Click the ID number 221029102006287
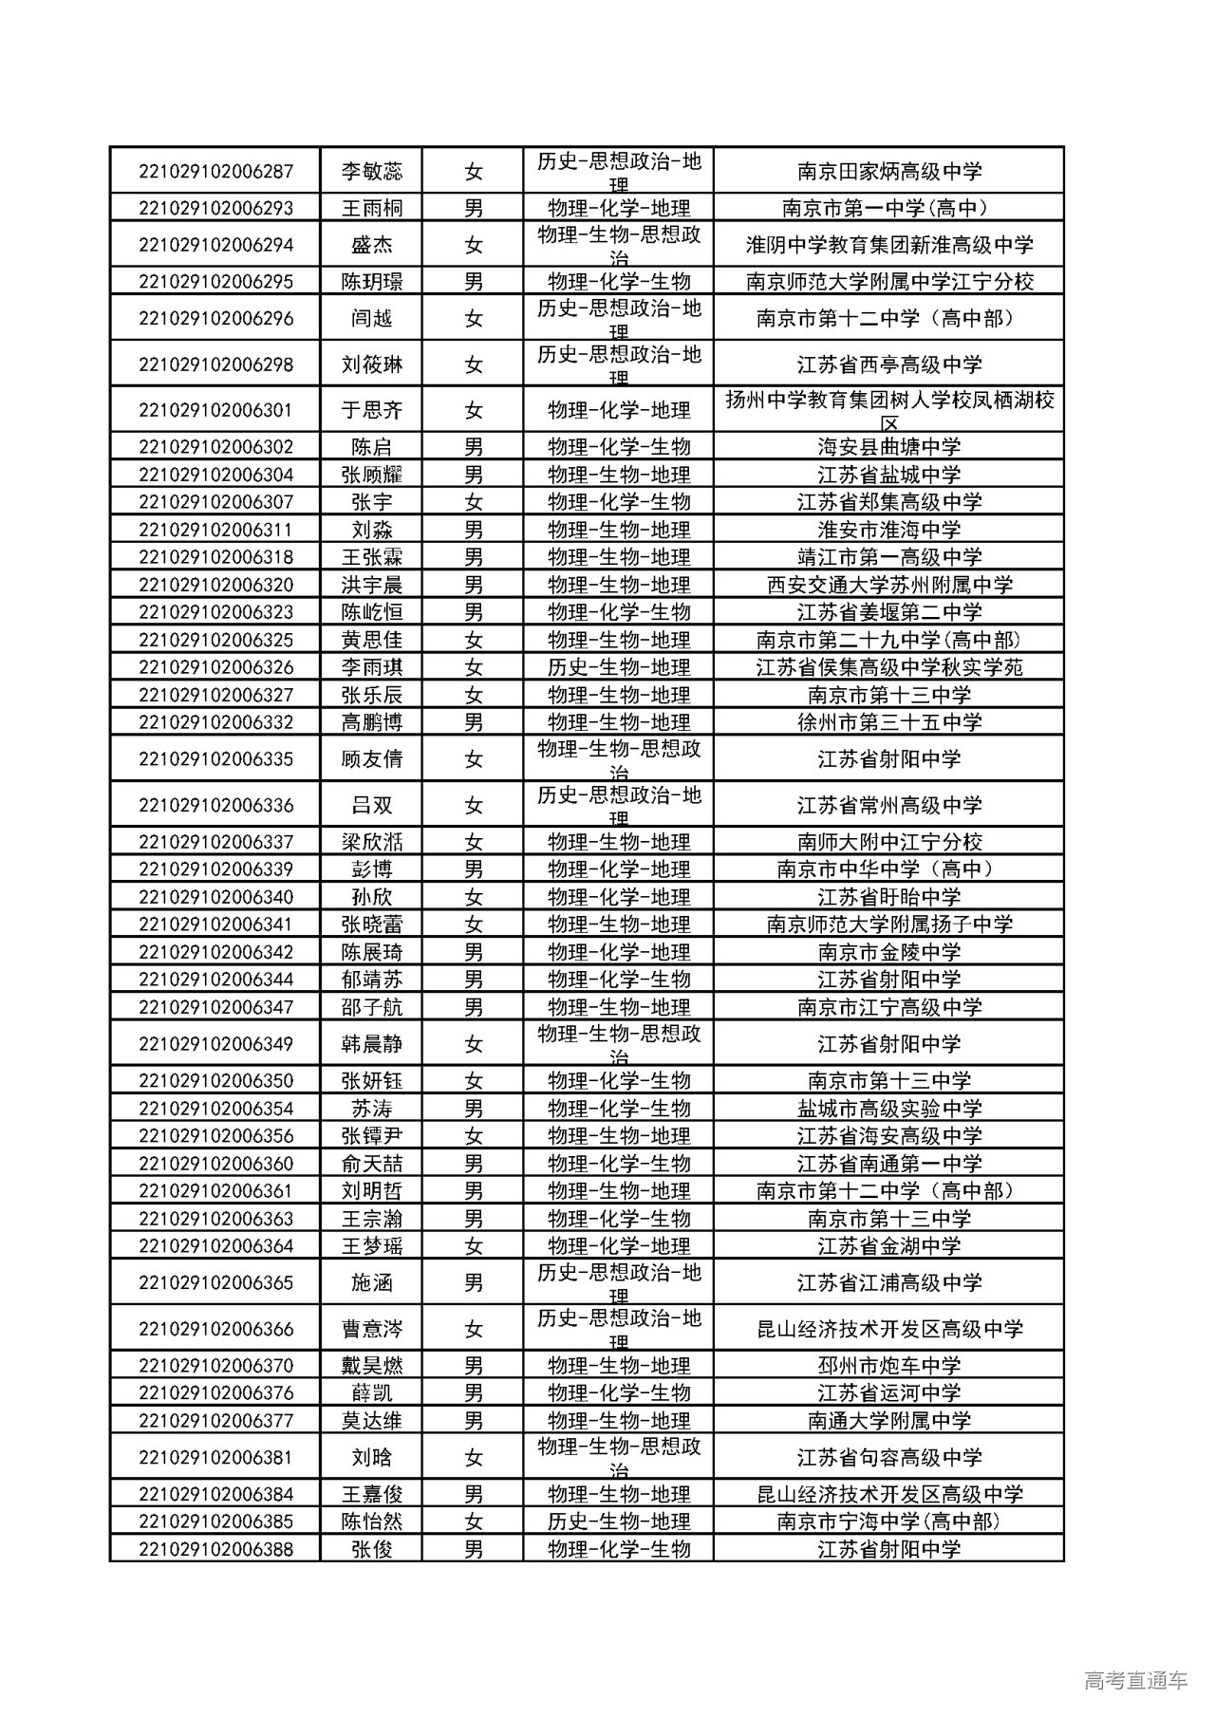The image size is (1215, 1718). [x=215, y=172]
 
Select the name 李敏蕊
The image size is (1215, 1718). [x=371, y=172]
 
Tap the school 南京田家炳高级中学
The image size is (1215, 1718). [x=888, y=172]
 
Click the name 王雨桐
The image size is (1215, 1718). [x=371, y=209]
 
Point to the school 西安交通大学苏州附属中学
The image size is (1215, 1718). [x=888, y=585]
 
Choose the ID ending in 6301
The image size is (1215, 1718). [x=215, y=411]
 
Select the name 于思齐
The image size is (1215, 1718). [x=371, y=411]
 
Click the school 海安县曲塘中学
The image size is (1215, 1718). [x=888, y=447]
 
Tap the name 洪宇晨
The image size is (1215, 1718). [x=371, y=585]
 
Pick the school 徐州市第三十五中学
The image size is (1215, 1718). [x=888, y=722]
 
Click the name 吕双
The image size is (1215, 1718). [x=371, y=806]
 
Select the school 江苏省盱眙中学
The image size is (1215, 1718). [x=888, y=897]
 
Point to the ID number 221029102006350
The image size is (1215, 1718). [x=215, y=1081]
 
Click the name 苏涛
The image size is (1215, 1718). [x=371, y=1109]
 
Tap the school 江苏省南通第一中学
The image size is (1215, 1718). [x=888, y=1164]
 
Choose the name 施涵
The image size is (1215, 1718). [x=371, y=1283]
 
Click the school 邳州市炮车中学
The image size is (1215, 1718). [x=888, y=1366]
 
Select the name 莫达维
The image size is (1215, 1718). [x=371, y=1421]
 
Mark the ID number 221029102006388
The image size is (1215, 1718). [x=215, y=1549]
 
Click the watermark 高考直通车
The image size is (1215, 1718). [x=1134, y=1680]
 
